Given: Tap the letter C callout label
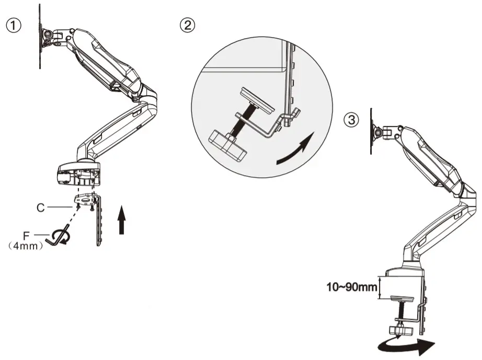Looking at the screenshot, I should pyautogui.click(x=40, y=207).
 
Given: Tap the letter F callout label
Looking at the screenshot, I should pyautogui.click(x=26, y=235).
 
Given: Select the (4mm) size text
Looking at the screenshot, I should pyautogui.click(x=26, y=246).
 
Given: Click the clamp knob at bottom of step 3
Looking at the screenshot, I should pyautogui.click(x=399, y=330).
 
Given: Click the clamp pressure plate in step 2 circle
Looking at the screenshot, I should pyautogui.click(x=256, y=100).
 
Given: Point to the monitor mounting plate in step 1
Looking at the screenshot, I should pyautogui.click(x=41, y=36).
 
